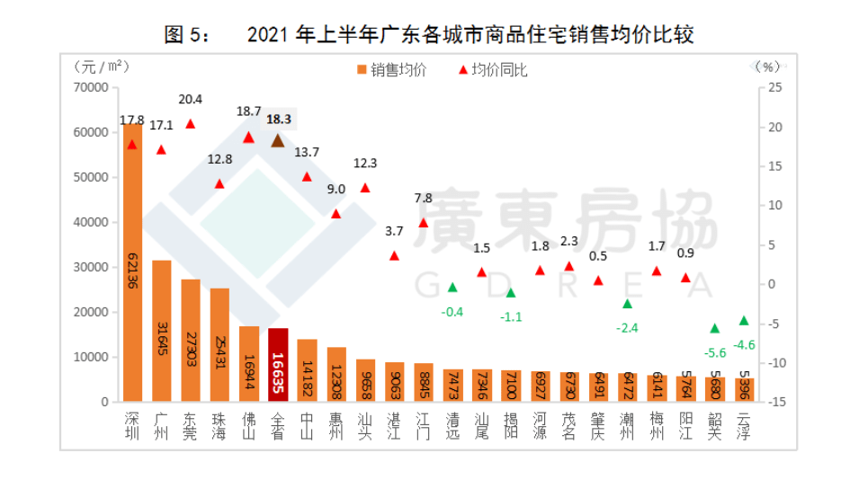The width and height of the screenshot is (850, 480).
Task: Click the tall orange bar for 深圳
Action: [x=133, y=265]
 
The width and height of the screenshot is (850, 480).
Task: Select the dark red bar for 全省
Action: [x=278, y=365]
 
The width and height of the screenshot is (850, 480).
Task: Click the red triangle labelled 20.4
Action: [x=191, y=123]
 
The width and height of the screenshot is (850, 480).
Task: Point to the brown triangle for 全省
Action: [x=278, y=140]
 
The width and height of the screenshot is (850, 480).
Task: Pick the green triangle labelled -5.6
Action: [x=715, y=328]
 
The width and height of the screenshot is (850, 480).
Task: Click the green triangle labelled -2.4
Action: [x=628, y=304]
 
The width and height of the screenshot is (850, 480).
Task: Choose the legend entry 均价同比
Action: [x=492, y=70]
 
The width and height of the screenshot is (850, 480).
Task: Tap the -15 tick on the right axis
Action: [x=770, y=402]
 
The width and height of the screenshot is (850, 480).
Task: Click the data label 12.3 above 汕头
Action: [x=364, y=164]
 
